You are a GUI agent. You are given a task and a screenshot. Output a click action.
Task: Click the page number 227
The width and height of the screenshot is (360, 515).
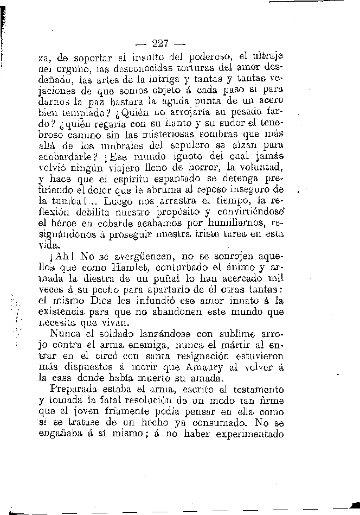tap(162, 43)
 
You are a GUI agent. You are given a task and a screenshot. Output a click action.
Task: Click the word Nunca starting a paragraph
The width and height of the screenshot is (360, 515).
tap(65, 334)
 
